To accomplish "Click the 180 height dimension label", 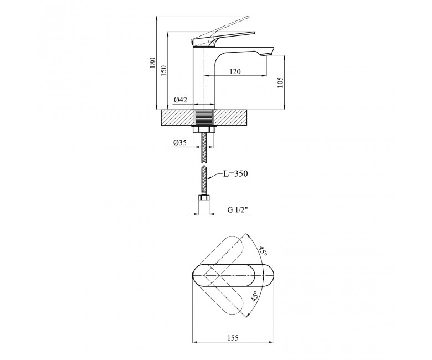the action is pyautogui.click(x=153, y=63).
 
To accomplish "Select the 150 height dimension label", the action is pyautogui.click(x=164, y=71).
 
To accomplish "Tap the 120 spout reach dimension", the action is pyautogui.click(x=235, y=71).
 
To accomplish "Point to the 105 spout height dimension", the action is pyautogui.click(x=280, y=83).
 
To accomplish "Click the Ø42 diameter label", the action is pyautogui.click(x=181, y=100).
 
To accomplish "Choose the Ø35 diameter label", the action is pyautogui.click(x=180, y=143).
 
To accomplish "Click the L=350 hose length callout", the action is pyautogui.click(x=235, y=173).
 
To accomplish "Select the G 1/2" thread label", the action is pyautogui.click(x=238, y=209).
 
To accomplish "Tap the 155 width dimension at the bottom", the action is pyautogui.click(x=233, y=338).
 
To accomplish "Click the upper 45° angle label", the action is pyautogui.click(x=263, y=251).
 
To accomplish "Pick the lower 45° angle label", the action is pyautogui.click(x=255, y=296).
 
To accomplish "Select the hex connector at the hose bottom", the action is pyautogui.click(x=204, y=198).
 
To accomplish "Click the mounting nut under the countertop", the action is pyautogui.click(x=204, y=129).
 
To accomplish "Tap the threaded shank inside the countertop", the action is pyautogui.click(x=204, y=117).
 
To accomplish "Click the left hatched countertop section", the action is pyautogui.click(x=177, y=117).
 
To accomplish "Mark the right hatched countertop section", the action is pyautogui.click(x=231, y=117).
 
